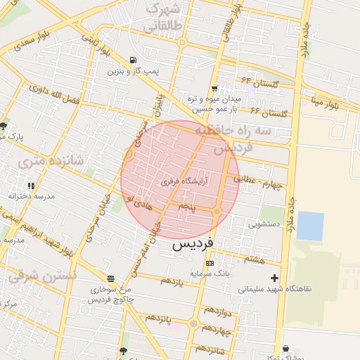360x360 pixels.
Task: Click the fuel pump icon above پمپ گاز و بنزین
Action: (x=134, y=60)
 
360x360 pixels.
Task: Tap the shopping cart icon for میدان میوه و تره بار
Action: (x=214, y=89)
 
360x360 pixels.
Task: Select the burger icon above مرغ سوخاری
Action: (x=110, y=278)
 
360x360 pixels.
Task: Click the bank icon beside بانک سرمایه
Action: (x=210, y=262)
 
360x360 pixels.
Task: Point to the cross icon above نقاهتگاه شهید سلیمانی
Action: (x=275, y=278)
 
